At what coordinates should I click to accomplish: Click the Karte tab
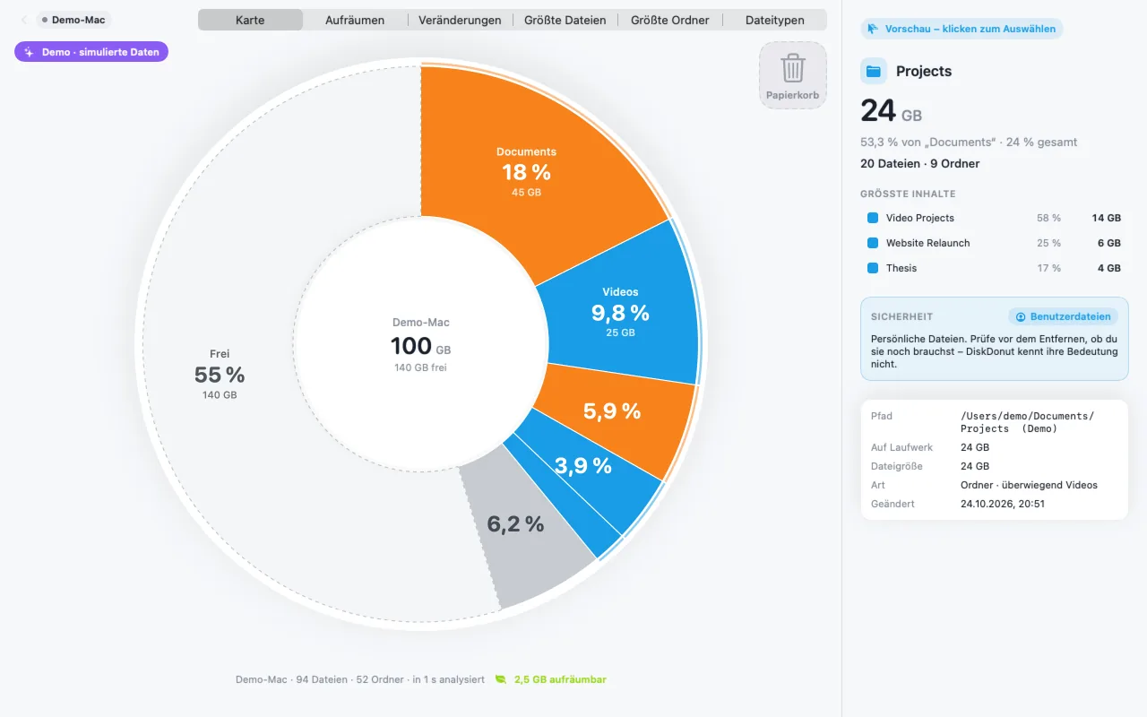250,20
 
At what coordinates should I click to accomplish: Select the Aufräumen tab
354,20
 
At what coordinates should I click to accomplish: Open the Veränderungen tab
460,20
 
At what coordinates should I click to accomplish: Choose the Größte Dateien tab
565,20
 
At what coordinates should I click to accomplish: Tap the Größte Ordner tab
669,20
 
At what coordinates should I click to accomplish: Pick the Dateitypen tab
775,20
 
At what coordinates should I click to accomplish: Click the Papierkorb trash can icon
793,68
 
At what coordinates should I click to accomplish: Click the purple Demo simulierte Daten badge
91,52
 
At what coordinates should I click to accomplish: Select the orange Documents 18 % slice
532,169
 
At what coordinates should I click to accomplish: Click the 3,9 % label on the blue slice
583,465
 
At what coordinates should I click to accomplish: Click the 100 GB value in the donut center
420,346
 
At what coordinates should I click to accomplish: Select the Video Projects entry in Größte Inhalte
919,218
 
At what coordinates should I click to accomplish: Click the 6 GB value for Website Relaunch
1108,243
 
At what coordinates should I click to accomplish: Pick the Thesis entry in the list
901,268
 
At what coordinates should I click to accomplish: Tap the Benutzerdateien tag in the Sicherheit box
1063,316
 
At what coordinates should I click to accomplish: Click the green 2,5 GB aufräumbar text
560,679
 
